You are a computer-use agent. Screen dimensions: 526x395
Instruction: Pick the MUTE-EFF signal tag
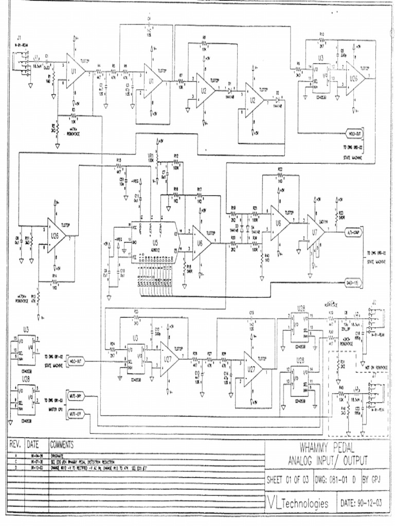click(x=75, y=412)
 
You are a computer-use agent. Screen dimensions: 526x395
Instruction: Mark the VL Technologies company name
click(x=298, y=503)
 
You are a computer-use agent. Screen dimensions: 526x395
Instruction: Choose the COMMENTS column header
click(x=62, y=444)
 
